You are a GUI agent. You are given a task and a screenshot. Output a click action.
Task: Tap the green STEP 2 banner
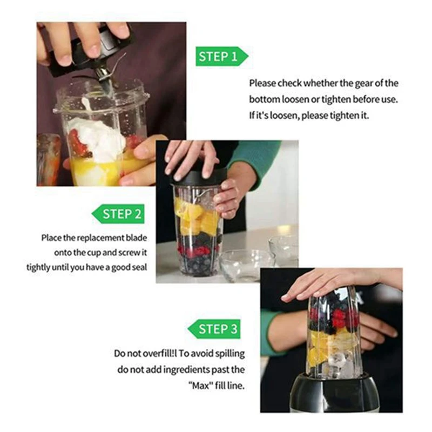tap(118, 214)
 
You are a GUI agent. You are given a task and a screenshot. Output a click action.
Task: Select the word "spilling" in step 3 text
tap(228, 354)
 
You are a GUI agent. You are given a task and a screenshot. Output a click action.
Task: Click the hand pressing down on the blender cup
tap(335, 281)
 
